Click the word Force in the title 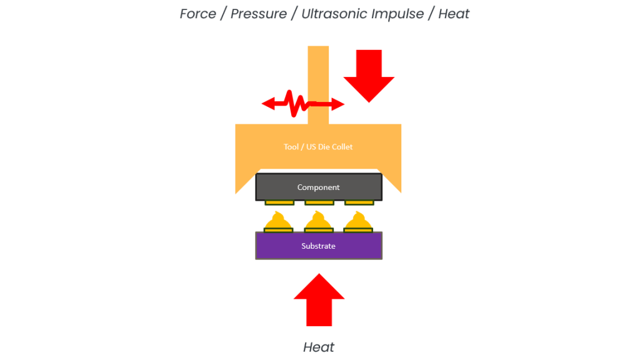click(198, 14)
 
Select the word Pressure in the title click(258, 14)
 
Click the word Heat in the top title click(454, 14)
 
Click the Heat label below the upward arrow click(319, 347)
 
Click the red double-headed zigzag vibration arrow click(302, 104)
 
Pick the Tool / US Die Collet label click(319, 147)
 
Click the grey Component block click(319, 187)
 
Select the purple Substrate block click(319, 246)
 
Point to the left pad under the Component click(279, 202)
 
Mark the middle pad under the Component click(319, 202)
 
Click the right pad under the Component click(359, 202)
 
